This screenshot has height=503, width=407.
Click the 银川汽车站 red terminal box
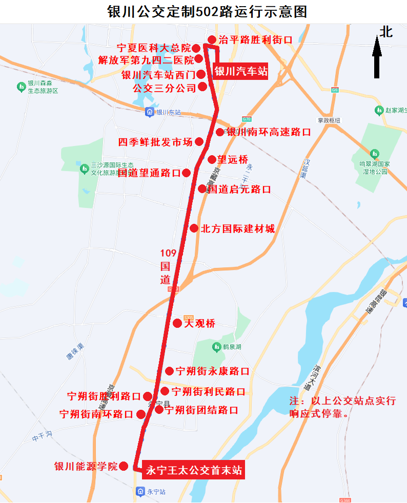(x=240, y=72)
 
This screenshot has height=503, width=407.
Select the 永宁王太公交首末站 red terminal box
(x=194, y=470)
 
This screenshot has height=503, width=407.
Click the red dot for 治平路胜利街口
(x=212, y=39)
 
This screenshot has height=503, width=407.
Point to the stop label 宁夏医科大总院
(x=153, y=49)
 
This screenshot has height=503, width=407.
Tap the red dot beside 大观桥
(x=177, y=323)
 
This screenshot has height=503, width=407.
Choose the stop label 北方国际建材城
(x=238, y=228)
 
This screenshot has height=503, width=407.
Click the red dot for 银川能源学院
(x=124, y=466)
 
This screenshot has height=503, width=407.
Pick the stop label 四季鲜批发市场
(x=155, y=142)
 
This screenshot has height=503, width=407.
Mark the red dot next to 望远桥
(x=212, y=159)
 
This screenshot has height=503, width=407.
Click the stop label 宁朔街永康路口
(x=212, y=371)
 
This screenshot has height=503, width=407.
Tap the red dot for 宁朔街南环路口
(x=140, y=414)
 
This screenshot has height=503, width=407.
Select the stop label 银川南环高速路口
(x=269, y=132)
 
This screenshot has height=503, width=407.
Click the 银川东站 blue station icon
(x=149, y=112)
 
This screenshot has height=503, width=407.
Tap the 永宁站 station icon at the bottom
(x=140, y=491)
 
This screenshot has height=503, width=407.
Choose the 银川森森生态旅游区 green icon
(x=21, y=87)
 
